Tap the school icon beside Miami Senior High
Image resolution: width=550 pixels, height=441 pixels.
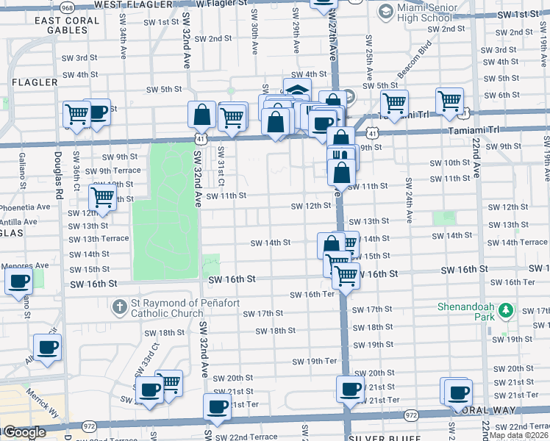pyautogui.click(x=385, y=12)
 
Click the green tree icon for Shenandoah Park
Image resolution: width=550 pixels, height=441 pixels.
pyautogui.click(x=505, y=311)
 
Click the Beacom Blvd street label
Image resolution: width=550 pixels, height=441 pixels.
pyautogui.click(x=381, y=70)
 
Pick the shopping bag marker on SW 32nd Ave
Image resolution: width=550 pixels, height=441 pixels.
pyautogui.click(x=201, y=115)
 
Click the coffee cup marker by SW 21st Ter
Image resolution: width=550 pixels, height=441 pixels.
pyautogui.click(x=217, y=406)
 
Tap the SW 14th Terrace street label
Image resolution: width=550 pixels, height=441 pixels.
pyautogui.click(x=517, y=243)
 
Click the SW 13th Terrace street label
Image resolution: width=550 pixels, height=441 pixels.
pyautogui.click(x=99, y=239)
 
